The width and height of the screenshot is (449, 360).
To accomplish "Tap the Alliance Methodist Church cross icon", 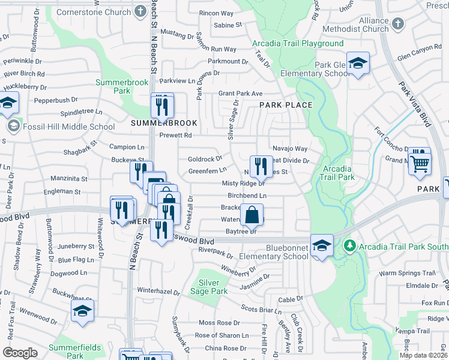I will coord(397,25).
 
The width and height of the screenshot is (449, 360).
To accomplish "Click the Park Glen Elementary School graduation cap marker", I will coord(358,64).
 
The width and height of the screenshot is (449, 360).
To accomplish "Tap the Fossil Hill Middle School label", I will coord(68,127).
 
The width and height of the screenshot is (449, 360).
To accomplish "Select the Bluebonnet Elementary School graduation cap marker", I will coord(322,246).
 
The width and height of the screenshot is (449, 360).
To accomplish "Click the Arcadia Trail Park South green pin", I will coord(349,246).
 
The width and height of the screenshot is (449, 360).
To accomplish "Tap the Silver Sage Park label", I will coord(213,287).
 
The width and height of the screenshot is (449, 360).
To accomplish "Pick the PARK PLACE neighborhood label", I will coord(286,105).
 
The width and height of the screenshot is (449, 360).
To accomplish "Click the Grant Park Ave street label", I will coord(240,94).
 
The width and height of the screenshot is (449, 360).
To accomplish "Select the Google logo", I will coord(20,353).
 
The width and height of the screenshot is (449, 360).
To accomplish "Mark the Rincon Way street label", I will coord(216,13).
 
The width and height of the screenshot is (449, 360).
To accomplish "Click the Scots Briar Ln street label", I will coord(261,310).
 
